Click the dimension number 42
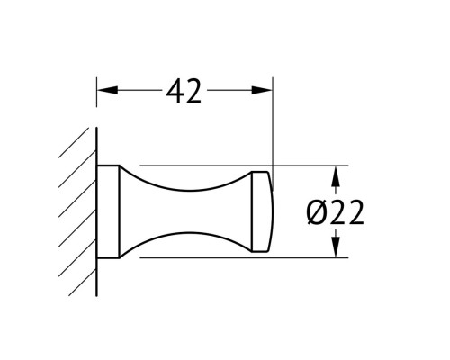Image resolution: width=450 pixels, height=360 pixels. click(184, 91)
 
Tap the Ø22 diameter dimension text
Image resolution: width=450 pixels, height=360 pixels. click(335, 212)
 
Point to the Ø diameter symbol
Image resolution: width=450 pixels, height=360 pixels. click(318, 212)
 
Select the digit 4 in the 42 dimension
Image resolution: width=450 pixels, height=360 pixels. click(175, 91)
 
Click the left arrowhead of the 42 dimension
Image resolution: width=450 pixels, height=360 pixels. click(108, 90)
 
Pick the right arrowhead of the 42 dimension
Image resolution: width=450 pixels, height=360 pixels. click(262, 90)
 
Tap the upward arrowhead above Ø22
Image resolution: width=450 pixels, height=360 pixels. click(336, 176)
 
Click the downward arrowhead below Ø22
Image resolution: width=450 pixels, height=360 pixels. click(336, 247)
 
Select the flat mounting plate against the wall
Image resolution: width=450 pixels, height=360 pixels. click(108, 211)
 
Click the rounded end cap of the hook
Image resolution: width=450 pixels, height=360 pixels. click(263, 211)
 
